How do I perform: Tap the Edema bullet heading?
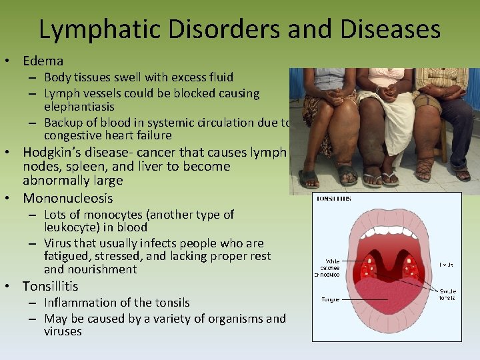(43, 61)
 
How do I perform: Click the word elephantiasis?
(79, 107)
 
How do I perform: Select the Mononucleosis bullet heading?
(68, 198)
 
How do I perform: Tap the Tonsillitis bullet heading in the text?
(50, 286)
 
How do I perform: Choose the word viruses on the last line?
(63, 331)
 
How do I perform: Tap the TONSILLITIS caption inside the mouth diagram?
(334, 199)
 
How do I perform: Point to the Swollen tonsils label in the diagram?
(447, 293)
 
